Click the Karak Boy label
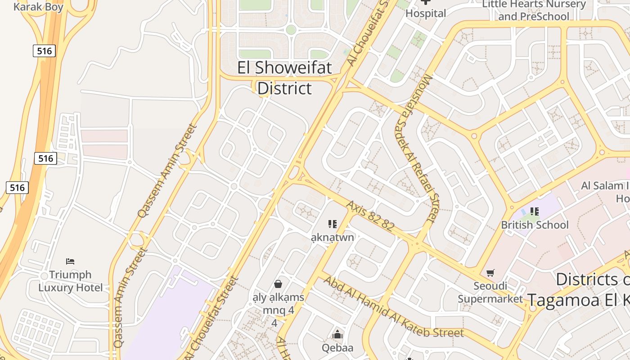pyautogui.click(x=38, y=7)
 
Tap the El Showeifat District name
pyautogui.click(x=284, y=78)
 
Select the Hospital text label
pyautogui.click(x=426, y=13)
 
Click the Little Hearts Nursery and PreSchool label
pyautogui.click(x=534, y=10)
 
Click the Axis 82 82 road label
pyautogui.click(x=370, y=216)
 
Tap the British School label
pyautogui.click(x=535, y=225)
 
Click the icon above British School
pyautogui.click(x=535, y=211)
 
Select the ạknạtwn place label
pyautogui.click(x=333, y=237)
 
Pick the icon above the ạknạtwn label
pyautogui.click(x=333, y=224)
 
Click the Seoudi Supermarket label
pyautogui.click(x=490, y=292)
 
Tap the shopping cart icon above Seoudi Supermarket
pyautogui.click(x=490, y=273)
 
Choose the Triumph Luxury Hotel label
pyautogui.click(x=70, y=281)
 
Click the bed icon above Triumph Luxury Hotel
pyautogui.click(x=70, y=261)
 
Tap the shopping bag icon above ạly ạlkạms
pyautogui.click(x=278, y=284)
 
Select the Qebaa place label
pyautogui.click(x=337, y=348)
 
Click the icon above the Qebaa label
pyautogui.click(x=337, y=334)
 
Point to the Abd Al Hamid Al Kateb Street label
pyautogui.click(x=393, y=307)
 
